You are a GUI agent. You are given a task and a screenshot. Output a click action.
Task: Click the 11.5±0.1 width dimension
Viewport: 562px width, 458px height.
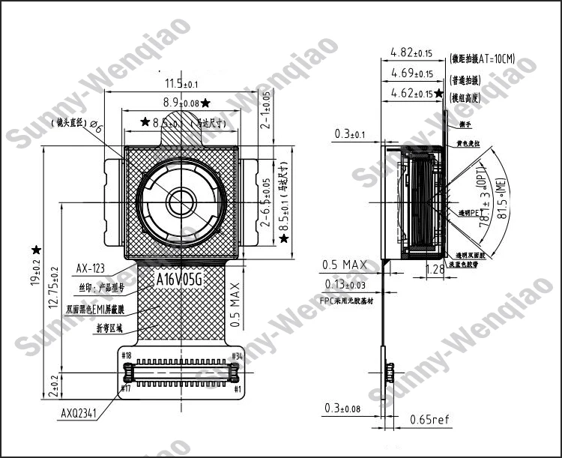(181, 83)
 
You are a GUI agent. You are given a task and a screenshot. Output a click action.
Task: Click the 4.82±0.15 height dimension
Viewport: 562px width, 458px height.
(411, 53)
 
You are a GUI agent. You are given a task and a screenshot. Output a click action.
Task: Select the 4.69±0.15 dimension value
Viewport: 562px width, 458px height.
(411, 73)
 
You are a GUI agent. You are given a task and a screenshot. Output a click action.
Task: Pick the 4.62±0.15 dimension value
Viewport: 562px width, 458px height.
(411, 94)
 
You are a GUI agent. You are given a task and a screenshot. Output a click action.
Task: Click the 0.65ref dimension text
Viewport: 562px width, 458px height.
(429, 420)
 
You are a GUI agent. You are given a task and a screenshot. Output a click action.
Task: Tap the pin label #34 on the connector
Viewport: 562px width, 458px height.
(237, 355)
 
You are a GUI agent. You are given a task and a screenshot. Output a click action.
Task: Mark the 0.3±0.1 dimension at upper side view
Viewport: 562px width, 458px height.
(350, 134)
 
